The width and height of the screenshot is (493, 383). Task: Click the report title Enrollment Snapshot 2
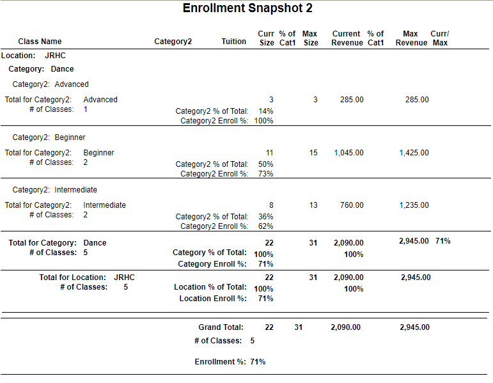tap(247, 8)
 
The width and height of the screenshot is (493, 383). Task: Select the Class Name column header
tap(40, 42)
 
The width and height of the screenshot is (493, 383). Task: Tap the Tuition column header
tap(233, 42)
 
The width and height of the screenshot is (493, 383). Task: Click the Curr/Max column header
tap(439, 38)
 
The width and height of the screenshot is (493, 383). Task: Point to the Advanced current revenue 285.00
tap(352, 100)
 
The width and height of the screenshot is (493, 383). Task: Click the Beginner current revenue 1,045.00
tap(348, 153)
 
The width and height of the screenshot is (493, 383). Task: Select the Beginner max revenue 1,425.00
tap(414, 153)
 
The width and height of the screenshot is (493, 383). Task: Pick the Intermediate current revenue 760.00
tap(352, 205)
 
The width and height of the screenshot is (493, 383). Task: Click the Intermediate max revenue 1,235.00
tap(414, 205)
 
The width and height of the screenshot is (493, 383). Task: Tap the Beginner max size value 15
tap(313, 153)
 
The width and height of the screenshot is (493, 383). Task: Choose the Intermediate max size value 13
tap(313, 205)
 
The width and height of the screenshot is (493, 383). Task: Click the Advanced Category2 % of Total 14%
tap(265, 111)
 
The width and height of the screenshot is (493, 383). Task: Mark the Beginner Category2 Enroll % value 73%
tap(265, 174)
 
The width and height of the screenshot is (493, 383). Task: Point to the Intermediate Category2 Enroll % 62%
tap(265, 226)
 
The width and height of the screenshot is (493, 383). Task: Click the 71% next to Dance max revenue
tap(443, 241)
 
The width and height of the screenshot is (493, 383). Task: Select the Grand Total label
tap(221, 327)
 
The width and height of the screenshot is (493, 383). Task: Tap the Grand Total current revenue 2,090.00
tap(345, 327)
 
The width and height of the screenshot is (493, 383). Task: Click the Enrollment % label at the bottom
tap(220, 362)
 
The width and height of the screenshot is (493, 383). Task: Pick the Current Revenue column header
tap(346, 38)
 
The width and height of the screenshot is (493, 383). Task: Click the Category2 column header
tap(173, 42)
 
